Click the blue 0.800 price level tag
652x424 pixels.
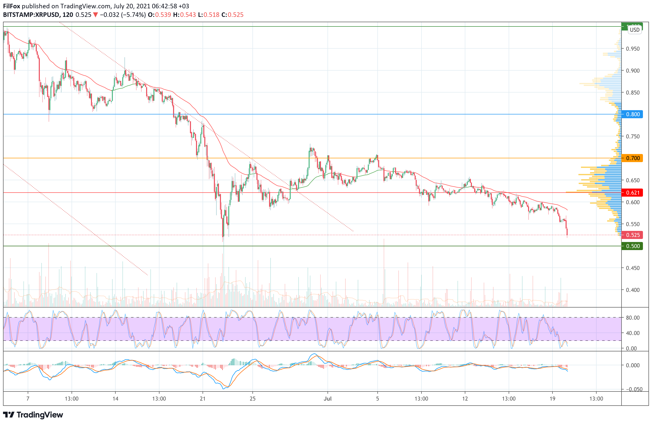click(x=633, y=114)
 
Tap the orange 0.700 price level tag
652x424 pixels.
click(x=633, y=158)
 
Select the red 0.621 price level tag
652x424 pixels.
click(x=633, y=193)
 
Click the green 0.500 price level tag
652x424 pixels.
click(x=633, y=246)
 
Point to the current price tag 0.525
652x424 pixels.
click(x=633, y=235)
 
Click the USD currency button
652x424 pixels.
click(x=634, y=29)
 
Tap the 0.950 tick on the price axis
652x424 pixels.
click(x=633, y=49)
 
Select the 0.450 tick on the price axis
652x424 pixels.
click(x=633, y=268)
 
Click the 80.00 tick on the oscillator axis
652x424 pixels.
click(x=633, y=318)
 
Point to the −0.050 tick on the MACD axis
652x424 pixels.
click(x=633, y=389)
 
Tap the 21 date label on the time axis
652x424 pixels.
click(x=203, y=399)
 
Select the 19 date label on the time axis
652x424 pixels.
click(x=552, y=399)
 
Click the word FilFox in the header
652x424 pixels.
click(x=12, y=6)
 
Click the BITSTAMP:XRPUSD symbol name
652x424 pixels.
click(x=31, y=15)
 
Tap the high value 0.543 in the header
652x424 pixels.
click(x=188, y=15)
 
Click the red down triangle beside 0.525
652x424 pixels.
click(x=95, y=15)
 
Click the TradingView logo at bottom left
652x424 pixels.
click(x=33, y=415)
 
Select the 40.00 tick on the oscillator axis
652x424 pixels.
click(x=633, y=333)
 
